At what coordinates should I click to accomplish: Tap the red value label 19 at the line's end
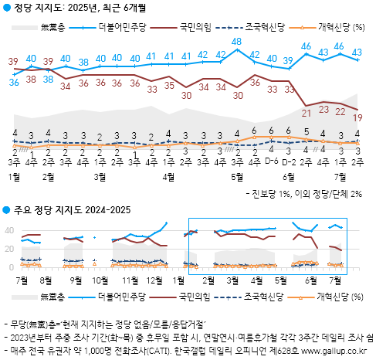point(358,117)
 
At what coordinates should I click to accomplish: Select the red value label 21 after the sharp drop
point(307,114)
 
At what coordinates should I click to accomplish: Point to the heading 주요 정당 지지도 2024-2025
point(70,209)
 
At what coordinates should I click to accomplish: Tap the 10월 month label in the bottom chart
point(101,279)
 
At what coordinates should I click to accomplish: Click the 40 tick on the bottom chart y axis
point(7,229)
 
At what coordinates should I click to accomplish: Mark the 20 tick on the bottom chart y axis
point(7,248)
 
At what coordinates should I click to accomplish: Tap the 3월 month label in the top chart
point(100,177)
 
